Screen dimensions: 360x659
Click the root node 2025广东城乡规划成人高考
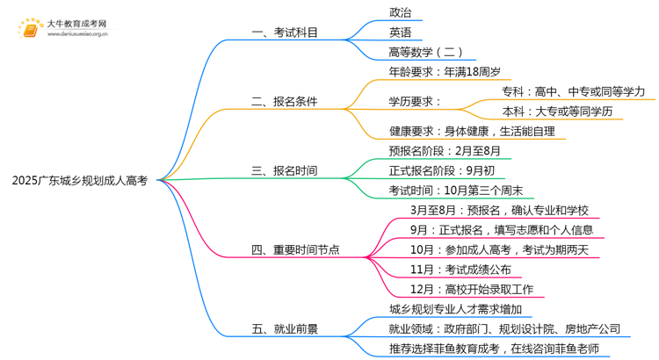[x=80, y=181]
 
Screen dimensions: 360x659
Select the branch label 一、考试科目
[x=284, y=32]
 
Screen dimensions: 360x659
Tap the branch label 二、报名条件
[x=284, y=102]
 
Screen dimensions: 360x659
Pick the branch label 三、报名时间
[x=284, y=170]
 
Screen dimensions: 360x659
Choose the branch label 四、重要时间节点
[x=295, y=250]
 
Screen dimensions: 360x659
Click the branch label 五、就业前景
[x=284, y=329]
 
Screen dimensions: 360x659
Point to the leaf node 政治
[x=400, y=13]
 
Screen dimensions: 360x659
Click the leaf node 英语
[x=400, y=32]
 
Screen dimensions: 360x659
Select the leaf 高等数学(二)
[x=426, y=52]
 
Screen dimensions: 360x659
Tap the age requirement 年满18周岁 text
[x=445, y=72]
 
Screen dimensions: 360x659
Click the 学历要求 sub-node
[x=415, y=102]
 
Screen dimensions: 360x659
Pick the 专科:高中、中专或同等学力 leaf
[x=573, y=91]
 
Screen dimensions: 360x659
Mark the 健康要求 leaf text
[x=472, y=131]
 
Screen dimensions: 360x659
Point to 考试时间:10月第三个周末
[x=456, y=191]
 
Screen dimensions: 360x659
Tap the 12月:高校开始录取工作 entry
[x=471, y=290]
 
